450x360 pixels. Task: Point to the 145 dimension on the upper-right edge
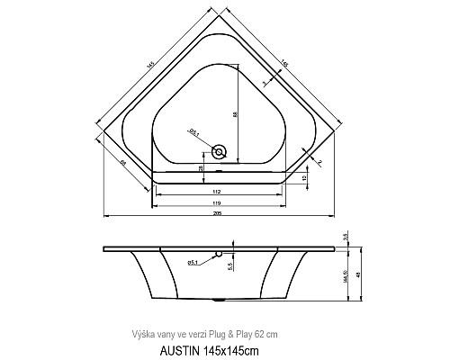pyautogui.click(x=285, y=63)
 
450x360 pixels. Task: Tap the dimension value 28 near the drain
pyautogui.click(x=199, y=168)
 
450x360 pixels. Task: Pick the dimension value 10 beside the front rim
pyautogui.click(x=306, y=178)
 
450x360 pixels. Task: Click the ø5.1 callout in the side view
pyautogui.click(x=193, y=262)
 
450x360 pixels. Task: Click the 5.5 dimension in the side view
pyautogui.click(x=230, y=265)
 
